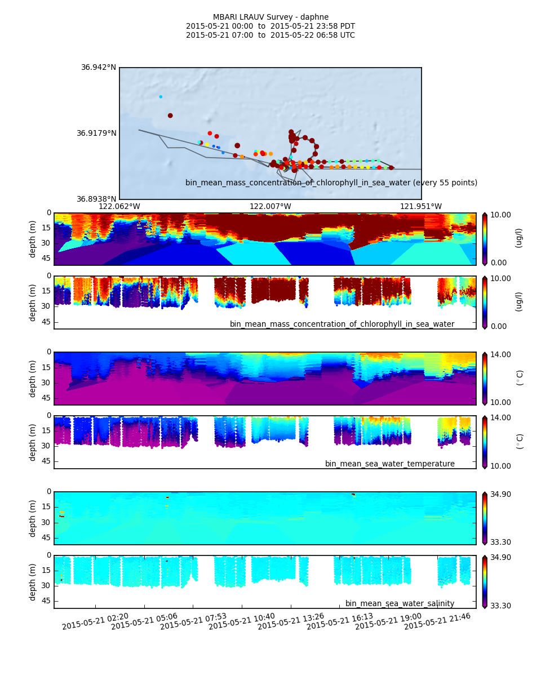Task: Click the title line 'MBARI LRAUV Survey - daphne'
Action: click(270, 17)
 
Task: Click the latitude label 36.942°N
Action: click(99, 68)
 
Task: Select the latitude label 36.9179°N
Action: click(96, 134)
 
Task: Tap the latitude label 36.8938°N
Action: click(96, 199)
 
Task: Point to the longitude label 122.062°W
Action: click(119, 207)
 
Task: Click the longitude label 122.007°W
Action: click(270, 207)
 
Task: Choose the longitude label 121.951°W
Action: click(421, 207)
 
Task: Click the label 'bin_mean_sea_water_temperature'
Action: click(390, 464)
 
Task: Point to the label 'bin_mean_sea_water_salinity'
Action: click(400, 604)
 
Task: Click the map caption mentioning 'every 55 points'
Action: click(331, 183)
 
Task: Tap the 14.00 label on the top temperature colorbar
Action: click(500, 354)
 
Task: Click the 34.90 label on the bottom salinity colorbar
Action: click(500, 558)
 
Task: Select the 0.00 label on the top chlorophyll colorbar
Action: click(498, 263)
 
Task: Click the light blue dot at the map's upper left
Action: click(161, 97)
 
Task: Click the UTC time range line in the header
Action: click(270, 35)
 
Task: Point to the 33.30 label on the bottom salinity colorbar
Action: click(500, 606)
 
